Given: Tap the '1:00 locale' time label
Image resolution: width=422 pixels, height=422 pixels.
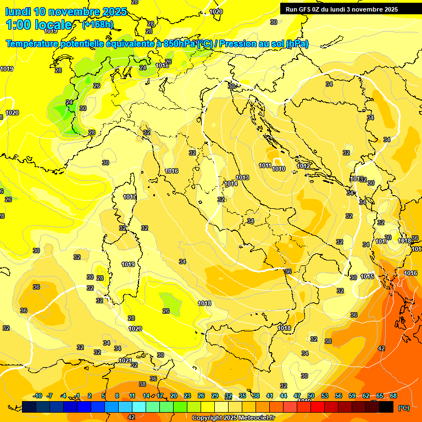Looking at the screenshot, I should click(39, 25).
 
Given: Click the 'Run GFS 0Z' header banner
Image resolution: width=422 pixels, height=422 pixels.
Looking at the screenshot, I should click(341, 9).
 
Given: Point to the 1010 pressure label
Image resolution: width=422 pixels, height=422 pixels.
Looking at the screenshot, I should click(279, 169).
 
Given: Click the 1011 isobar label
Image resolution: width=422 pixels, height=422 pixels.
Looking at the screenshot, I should click(265, 165).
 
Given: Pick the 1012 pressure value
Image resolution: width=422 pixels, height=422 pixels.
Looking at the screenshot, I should click(303, 166).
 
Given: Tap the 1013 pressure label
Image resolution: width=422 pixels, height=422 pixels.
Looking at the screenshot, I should click(242, 177).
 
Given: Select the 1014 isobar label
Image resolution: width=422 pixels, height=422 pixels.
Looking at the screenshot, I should click(231, 184).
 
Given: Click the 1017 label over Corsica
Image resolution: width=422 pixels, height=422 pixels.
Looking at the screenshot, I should click(130, 197).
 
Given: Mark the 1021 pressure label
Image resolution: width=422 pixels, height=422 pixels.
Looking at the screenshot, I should click(125, 360).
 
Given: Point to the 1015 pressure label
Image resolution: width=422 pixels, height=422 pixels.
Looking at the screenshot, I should click(368, 276).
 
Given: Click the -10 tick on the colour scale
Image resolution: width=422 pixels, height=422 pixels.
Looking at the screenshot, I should click(37, 396).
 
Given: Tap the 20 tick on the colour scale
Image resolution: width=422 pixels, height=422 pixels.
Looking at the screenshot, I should click(173, 396).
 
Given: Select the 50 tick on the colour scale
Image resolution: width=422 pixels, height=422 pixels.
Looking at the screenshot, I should click(311, 396).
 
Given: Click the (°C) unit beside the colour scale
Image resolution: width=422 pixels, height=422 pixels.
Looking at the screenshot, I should click(403, 407).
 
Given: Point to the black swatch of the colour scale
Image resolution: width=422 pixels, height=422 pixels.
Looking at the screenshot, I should click(386, 407).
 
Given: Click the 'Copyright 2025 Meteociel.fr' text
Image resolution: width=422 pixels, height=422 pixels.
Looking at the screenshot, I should click(233, 418).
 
